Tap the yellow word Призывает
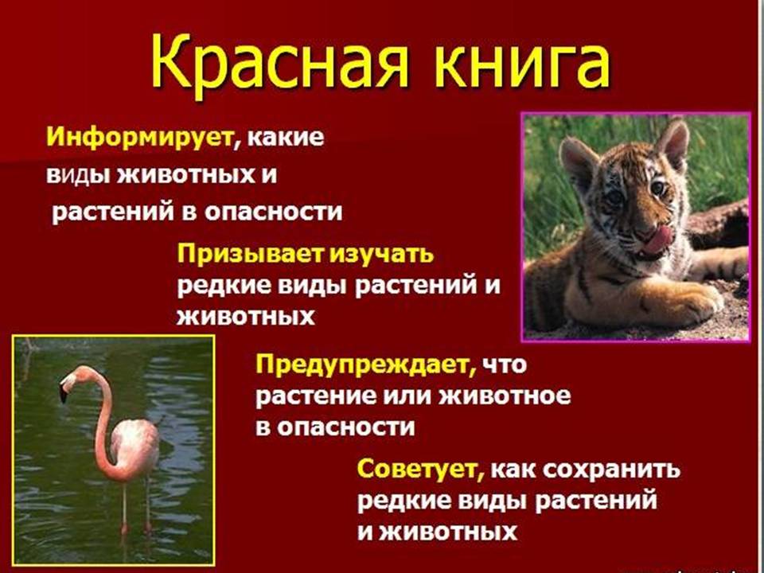[250, 255]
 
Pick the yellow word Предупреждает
[366, 365]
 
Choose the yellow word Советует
[420, 470]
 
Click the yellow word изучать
[381, 255]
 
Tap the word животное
[505, 396]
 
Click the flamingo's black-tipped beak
[64, 391]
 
